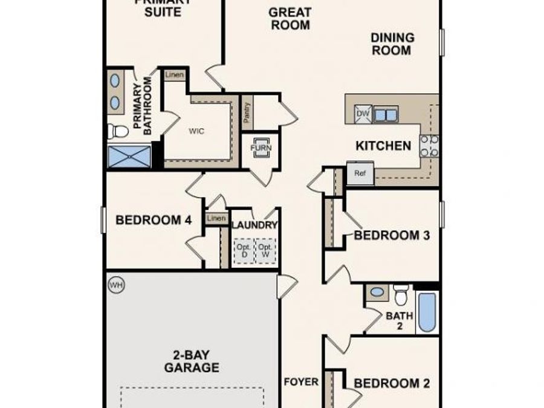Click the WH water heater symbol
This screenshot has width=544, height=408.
pyautogui.click(x=115, y=285)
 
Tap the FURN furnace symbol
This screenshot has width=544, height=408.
pyautogui.click(x=261, y=147)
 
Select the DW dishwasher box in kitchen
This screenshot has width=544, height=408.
pyautogui.click(x=363, y=114)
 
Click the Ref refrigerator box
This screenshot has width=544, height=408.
pyautogui.click(x=360, y=173)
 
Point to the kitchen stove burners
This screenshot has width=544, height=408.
pyautogui.click(x=429, y=146)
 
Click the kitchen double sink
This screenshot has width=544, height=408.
pyautogui.click(x=386, y=114)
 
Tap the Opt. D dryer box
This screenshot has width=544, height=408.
pyautogui.click(x=244, y=250)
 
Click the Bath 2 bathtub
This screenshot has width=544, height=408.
pyautogui.click(x=427, y=312)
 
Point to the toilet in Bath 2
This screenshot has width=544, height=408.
pyautogui.click(x=401, y=294)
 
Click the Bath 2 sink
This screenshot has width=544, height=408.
pyautogui.click(x=377, y=293)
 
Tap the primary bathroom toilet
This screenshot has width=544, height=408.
pyautogui.click(x=118, y=131)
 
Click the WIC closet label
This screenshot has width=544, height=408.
pyautogui.click(x=195, y=131)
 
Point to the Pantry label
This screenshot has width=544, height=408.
pyautogui.click(x=247, y=112)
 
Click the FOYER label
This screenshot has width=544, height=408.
pyautogui.click(x=300, y=382)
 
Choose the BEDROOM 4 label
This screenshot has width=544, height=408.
pyautogui.click(x=154, y=220)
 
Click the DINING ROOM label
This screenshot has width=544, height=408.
pyautogui.click(x=392, y=44)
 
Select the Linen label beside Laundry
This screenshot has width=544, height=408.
pyautogui.click(x=216, y=218)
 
